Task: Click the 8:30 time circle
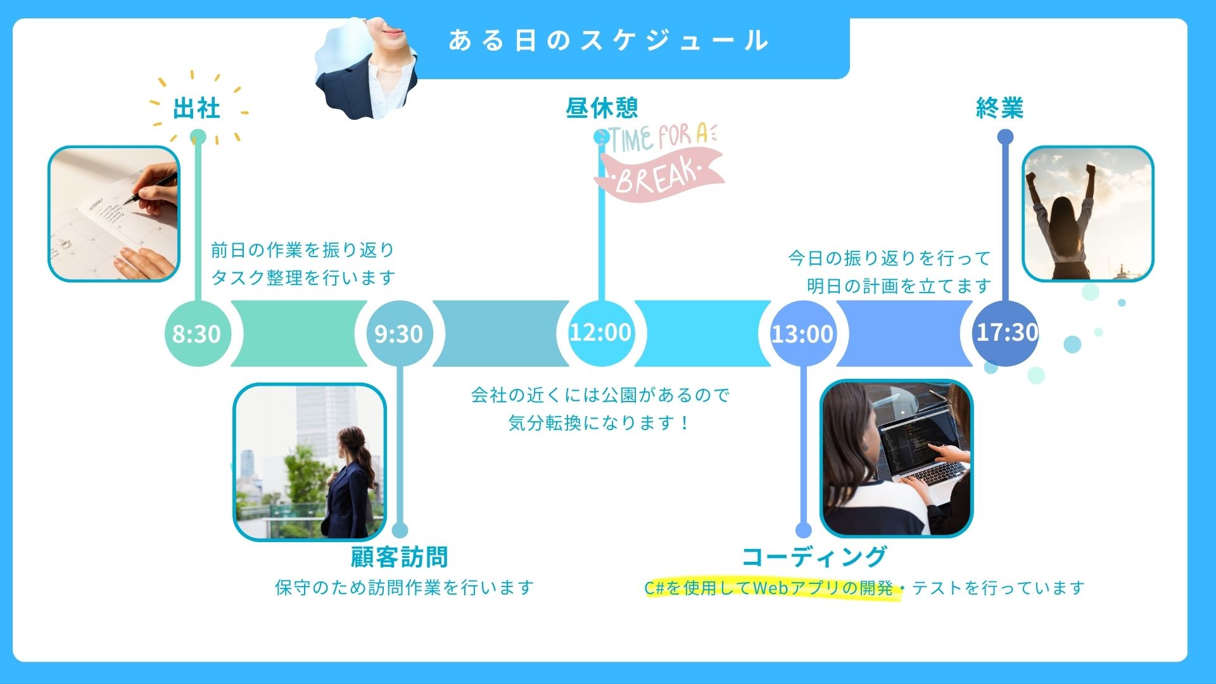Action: tap(197, 333)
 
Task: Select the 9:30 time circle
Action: tap(399, 333)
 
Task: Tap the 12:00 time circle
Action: tap(600, 332)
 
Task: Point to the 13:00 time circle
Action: tap(802, 333)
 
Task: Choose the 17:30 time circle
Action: tap(1006, 332)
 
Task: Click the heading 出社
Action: tap(196, 108)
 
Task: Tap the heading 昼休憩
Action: tap(602, 108)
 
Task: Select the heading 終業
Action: tap(1000, 108)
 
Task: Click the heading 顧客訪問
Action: tap(400, 557)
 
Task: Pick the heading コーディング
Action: tap(814, 557)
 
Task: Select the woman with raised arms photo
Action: tap(1087, 214)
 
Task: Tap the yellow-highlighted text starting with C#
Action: tap(769, 588)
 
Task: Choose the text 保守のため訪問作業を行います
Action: tap(404, 588)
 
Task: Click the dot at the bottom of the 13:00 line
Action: tap(803, 531)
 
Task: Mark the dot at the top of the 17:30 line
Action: tap(1005, 137)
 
